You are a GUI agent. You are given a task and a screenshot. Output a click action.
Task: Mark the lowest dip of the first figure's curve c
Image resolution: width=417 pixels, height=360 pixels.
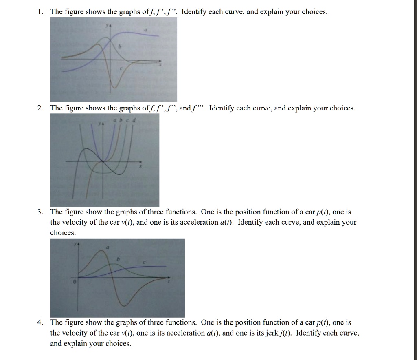(114, 87)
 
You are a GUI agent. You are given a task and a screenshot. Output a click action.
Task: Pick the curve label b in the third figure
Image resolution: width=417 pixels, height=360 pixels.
(118, 259)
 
